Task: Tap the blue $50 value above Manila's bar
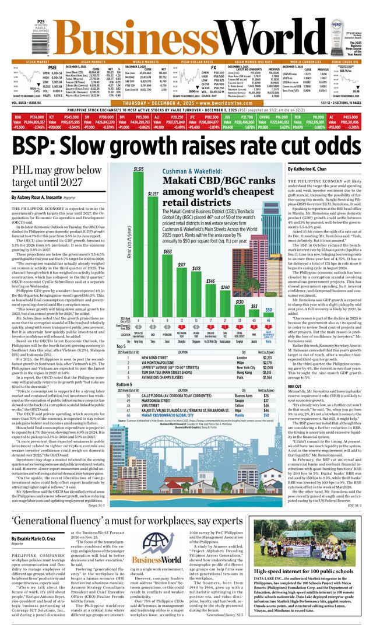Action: click(269, 309)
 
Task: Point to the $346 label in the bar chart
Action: click(210, 281)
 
